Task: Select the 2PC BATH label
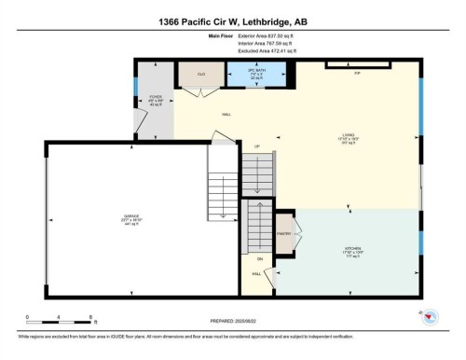point(250,73)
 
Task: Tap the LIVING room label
point(348,139)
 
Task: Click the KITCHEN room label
point(349,250)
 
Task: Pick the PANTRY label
point(283,235)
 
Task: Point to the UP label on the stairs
point(256,147)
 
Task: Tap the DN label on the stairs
point(260,257)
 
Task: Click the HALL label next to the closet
point(226,115)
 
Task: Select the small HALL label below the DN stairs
point(255,274)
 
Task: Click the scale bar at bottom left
point(58,318)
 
